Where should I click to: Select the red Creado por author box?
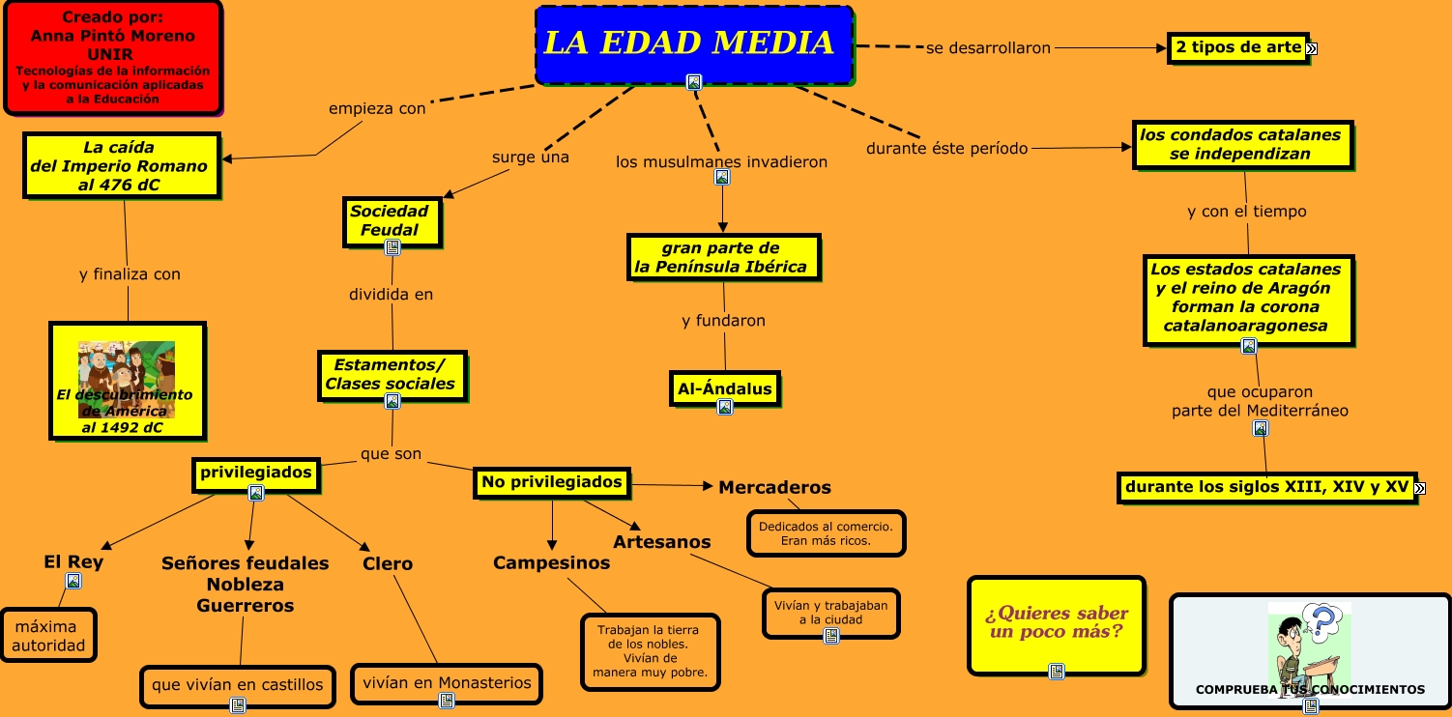(113, 57)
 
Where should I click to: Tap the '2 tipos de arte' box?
(1238, 47)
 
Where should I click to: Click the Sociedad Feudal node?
(391, 221)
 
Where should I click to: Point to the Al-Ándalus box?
(724, 389)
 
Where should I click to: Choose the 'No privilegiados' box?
(552, 482)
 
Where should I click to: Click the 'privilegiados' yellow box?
(256, 473)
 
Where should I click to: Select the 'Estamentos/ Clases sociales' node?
(391, 375)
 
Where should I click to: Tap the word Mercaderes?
(774, 487)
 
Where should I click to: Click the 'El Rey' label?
(73, 561)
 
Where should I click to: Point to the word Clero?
(388, 563)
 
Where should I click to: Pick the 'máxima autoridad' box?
(48, 636)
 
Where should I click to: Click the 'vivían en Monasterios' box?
(447, 683)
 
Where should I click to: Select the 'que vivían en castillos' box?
(238, 685)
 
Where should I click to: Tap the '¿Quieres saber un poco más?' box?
(1057, 623)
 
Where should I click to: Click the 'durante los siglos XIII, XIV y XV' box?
(1266, 487)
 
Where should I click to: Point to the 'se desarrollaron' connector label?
(988, 47)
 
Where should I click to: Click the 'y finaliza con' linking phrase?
(130, 274)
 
